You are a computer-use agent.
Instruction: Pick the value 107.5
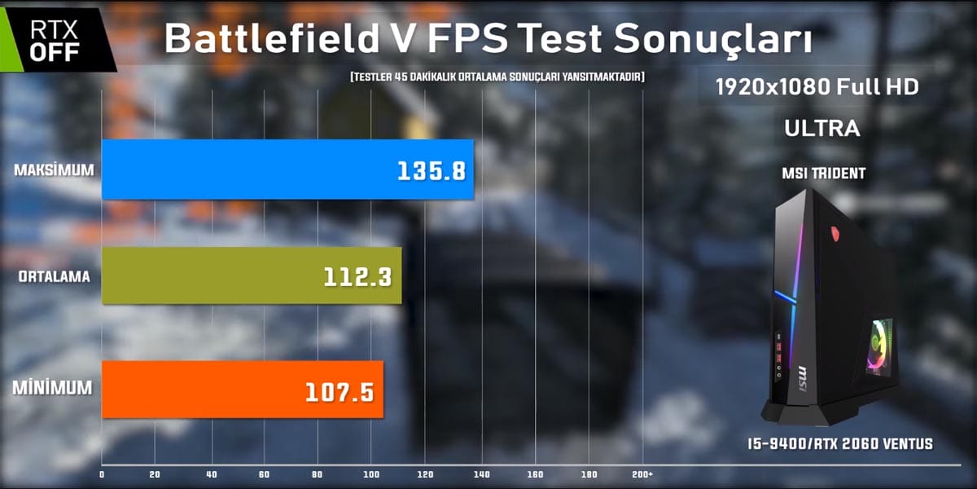[340, 392]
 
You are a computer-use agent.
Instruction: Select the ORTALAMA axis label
[54, 277]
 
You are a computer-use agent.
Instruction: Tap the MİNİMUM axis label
[52, 389]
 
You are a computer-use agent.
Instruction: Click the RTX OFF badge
[55, 40]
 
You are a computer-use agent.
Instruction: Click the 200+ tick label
[642, 474]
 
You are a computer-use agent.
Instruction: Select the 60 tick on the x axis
[265, 474]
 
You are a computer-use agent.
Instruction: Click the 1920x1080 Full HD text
[817, 87]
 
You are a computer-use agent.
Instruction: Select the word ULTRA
[821, 129]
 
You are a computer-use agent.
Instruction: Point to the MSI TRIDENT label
[821, 173]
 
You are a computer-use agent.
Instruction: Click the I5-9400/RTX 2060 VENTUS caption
[839, 444]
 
